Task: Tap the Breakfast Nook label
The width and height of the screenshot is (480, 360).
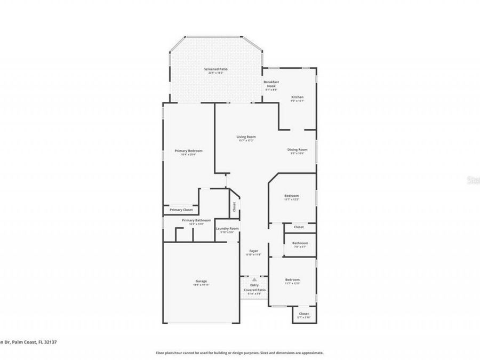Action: (x=272, y=83)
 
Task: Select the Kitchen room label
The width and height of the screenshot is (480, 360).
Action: (x=297, y=97)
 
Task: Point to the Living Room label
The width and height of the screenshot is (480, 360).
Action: (x=246, y=137)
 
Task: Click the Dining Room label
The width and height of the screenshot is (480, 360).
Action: (x=298, y=150)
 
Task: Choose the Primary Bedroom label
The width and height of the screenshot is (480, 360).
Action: (x=189, y=151)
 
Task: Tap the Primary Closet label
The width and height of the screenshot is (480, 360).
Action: (x=181, y=210)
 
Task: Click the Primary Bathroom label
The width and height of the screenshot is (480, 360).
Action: (x=196, y=220)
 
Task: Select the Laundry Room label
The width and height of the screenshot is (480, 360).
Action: (x=227, y=229)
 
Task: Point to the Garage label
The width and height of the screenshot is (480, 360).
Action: (x=201, y=281)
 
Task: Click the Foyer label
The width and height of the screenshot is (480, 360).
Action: (x=254, y=251)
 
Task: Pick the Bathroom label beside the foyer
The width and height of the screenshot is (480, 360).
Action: (x=300, y=243)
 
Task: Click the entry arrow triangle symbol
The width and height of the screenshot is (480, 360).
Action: (x=254, y=279)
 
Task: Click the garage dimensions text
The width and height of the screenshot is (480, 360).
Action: (x=201, y=285)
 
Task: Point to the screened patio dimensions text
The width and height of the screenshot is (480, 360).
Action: (x=215, y=73)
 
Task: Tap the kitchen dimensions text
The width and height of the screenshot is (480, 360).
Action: (x=297, y=101)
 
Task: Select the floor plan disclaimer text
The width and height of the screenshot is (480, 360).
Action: (x=239, y=353)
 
